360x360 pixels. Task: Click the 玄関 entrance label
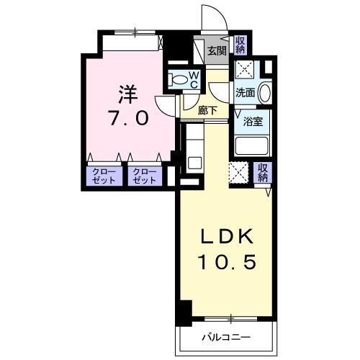tap(217, 50)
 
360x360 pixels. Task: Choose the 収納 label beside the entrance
tap(240, 45)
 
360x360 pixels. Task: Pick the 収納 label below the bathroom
tap(263, 172)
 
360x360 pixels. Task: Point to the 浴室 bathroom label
tap(253, 121)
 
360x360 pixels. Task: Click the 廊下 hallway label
tap(210, 110)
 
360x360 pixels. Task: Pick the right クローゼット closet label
tap(145, 176)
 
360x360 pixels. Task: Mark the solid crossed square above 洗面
tap(244, 71)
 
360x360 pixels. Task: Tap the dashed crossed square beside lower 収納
tap(238, 173)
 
